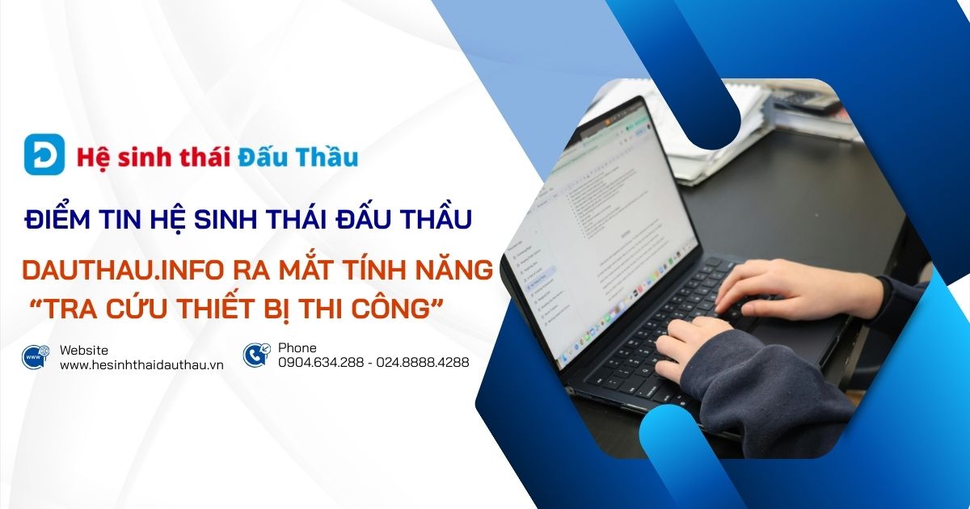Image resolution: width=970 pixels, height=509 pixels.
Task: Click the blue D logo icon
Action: pos(44,154)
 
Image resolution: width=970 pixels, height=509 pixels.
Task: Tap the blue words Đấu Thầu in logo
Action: pos(298,156)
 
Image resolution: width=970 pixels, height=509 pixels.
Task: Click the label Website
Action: pos(84,349)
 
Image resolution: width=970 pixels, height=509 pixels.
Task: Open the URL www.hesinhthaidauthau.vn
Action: pos(141,364)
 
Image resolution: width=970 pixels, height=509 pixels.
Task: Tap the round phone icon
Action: pos(256,355)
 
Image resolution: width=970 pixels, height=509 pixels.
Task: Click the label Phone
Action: pos(297,348)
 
